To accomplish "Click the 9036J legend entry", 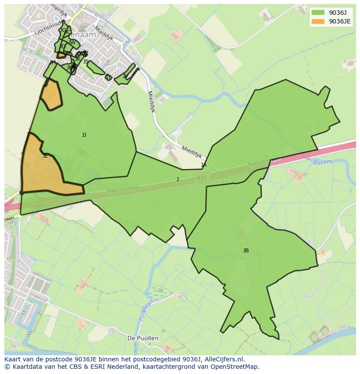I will [x=331, y=12].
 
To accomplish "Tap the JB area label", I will [x=246, y=251].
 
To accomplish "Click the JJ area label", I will [x=84, y=135].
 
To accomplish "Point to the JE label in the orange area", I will [x=45, y=156].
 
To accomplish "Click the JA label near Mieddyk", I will [x=203, y=165].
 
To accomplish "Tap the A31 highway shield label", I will [x=200, y=178].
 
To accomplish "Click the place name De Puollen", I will [x=143, y=338].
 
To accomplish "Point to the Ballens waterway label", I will [x=323, y=162].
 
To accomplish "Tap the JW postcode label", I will [x=72, y=43].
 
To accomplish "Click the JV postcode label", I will [x=125, y=76].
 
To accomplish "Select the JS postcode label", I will [x=86, y=62].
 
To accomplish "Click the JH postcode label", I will [x=53, y=63].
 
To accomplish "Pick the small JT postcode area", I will [x=109, y=78].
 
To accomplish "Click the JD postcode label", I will [x=63, y=46].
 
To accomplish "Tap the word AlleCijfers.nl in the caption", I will [x=224, y=360].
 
